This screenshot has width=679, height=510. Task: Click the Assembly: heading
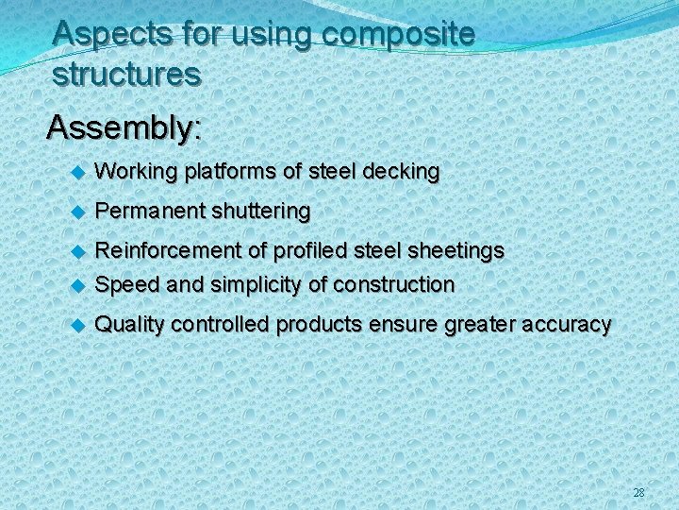coord(124,127)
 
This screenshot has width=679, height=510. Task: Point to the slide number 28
coord(638,493)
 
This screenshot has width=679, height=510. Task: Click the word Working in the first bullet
coord(138,172)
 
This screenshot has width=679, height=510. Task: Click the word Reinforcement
coord(169,251)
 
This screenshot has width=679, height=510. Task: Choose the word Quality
coord(129,325)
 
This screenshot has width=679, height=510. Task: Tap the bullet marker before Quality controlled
coord(79,326)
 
